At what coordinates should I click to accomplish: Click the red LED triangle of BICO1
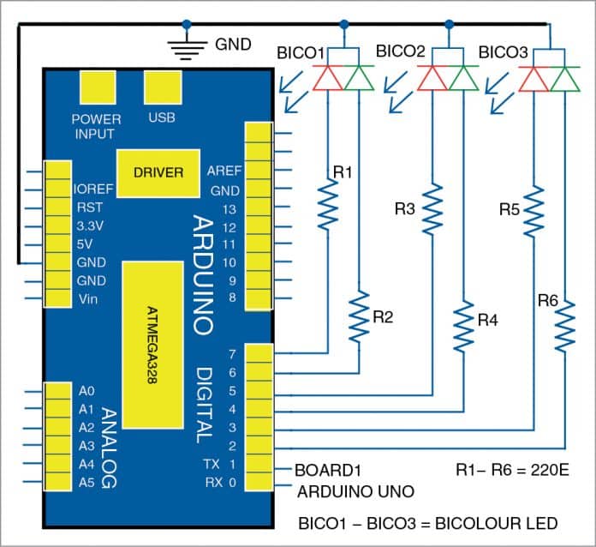tap(329, 78)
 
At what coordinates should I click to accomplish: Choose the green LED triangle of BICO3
tap(564, 78)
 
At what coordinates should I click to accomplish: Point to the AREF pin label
tap(223, 171)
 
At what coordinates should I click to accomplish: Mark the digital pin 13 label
tap(228, 209)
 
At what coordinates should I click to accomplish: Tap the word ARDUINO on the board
tap(202, 274)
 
